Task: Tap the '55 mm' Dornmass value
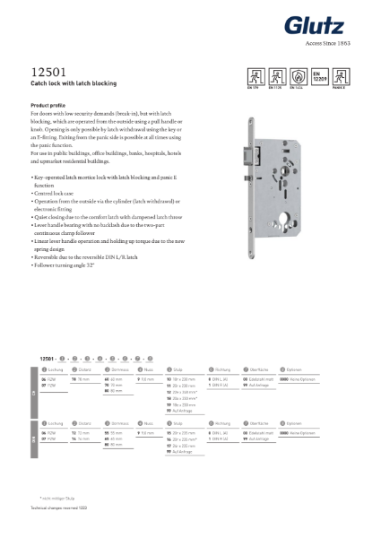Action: tap(114, 433)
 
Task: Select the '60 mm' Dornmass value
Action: tap(114, 379)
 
